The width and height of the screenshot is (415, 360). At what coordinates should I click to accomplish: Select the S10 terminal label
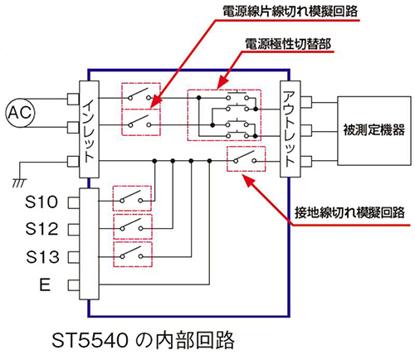[41, 202]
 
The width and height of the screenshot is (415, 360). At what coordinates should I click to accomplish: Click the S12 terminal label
[41, 229]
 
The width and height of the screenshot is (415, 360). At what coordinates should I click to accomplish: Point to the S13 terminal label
[42, 256]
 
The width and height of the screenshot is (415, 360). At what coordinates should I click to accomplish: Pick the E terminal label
[45, 285]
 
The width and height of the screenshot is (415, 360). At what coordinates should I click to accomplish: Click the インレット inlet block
[89, 129]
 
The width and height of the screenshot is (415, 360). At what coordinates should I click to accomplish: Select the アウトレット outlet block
[290, 129]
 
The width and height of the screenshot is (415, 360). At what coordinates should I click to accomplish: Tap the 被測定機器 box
[374, 131]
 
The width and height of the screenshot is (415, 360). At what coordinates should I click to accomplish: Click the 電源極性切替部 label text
[288, 44]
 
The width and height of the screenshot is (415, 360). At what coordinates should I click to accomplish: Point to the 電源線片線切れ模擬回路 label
[290, 12]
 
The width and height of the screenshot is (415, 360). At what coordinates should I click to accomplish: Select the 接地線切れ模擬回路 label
[349, 212]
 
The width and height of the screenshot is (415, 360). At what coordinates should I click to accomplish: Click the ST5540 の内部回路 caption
[143, 340]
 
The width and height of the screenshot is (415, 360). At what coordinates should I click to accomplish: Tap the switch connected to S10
[132, 198]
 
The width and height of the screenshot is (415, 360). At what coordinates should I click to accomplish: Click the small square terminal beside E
[74, 285]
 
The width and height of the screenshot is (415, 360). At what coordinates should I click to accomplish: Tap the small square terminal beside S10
[74, 202]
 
